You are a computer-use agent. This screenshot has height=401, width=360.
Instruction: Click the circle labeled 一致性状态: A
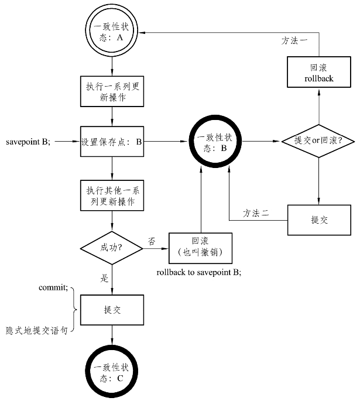click(111, 32)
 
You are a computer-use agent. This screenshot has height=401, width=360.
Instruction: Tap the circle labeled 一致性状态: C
click(111, 373)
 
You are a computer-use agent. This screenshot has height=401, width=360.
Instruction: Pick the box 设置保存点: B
click(111, 141)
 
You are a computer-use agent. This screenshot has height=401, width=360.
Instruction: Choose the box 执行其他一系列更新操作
click(111, 197)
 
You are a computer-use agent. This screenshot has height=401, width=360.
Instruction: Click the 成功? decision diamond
click(111, 249)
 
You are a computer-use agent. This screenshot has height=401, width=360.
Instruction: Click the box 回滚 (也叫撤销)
click(200, 249)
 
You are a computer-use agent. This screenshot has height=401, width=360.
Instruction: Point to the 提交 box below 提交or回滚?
click(319, 220)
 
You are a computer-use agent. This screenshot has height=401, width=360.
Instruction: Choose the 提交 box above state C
click(111, 309)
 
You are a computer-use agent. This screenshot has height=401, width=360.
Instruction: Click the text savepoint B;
click(28, 142)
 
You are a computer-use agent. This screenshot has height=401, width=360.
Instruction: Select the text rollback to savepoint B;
click(199, 273)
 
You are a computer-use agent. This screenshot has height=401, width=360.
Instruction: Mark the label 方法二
click(256, 214)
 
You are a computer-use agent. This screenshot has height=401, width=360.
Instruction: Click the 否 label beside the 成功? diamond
click(152, 240)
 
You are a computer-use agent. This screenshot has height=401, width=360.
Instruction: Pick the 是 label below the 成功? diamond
click(105, 279)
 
